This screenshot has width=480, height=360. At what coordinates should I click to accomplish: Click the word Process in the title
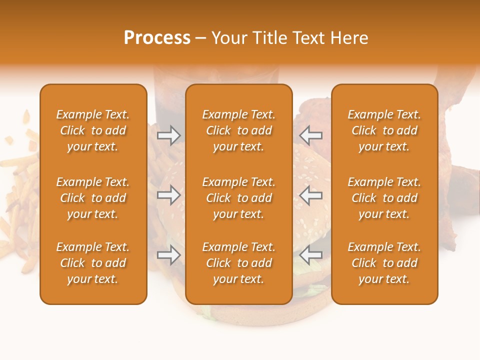pyautogui.click(x=157, y=38)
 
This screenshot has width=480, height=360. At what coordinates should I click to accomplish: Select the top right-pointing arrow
pyautogui.click(x=169, y=135)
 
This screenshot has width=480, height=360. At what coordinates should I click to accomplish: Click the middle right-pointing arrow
pyautogui.click(x=169, y=195)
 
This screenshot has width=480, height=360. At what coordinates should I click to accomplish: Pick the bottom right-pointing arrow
pyautogui.click(x=169, y=255)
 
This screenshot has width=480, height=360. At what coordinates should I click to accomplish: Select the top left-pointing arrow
pyautogui.click(x=311, y=135)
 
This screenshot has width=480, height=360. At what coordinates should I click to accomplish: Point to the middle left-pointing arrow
pyautogui.click(x=311, y=195)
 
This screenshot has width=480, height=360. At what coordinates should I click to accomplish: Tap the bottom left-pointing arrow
pyautogui.click(x=311, y=255)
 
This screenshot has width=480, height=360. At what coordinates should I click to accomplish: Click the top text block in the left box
pyautogui.click(x=93, y=130)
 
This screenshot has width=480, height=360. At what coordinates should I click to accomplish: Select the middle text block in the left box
pyautogui.click(x=93, y=198)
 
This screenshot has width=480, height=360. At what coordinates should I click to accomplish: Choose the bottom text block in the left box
pyautogui.click(x=93, y=263)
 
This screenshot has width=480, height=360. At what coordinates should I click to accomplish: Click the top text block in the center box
pyautogui.click(x=238, y=130)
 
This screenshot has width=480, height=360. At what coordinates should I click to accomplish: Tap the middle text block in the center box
pyautogui.click(x=238, y=198)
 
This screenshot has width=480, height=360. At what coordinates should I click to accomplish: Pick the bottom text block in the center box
pyautogui.click(x=238, y=263)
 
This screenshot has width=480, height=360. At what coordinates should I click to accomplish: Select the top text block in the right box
pyautogui.click(x=384, y=130)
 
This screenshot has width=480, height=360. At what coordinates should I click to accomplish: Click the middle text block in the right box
pyautogui.click(x=384, y=198)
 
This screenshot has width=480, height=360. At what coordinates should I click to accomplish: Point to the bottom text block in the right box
pyautogui.click(x=384, y=263)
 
